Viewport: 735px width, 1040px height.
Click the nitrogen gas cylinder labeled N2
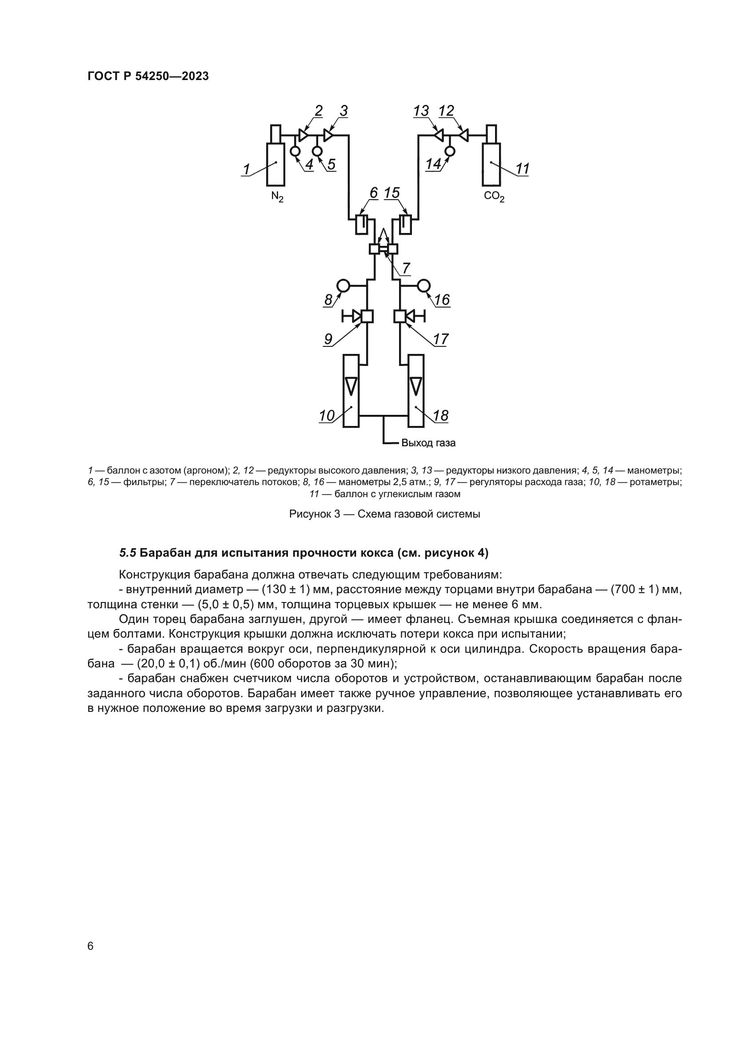276,164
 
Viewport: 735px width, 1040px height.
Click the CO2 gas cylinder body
491,164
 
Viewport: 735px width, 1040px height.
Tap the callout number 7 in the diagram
406,268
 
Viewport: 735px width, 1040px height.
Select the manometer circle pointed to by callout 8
343,285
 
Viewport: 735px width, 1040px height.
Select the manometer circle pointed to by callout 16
423,285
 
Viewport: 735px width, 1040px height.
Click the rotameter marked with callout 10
351,390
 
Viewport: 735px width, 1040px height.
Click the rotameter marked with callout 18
416,390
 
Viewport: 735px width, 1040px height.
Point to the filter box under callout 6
361,224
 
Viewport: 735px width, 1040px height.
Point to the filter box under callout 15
406,224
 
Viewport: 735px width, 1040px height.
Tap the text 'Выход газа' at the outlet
428,442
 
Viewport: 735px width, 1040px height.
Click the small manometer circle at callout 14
449,151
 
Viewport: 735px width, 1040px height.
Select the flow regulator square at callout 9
367,316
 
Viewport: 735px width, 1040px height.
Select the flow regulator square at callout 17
399,316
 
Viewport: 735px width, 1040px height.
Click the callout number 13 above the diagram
421,111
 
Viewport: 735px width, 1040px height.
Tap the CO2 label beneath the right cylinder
494,197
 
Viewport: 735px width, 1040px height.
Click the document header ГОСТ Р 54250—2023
148,76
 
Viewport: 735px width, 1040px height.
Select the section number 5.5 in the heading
128,553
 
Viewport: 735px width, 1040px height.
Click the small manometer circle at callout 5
317,150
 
